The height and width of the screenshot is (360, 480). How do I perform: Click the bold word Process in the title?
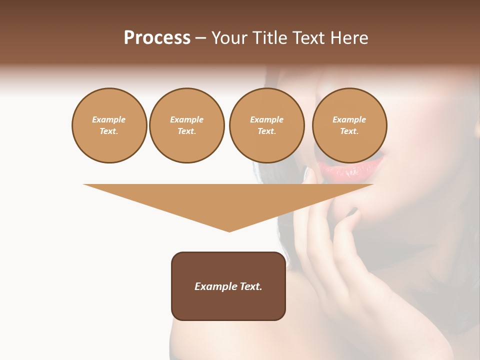pyautogui.click(x=157, y=38)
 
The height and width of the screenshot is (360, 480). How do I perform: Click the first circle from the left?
pyautogui.click(x=109, y=125)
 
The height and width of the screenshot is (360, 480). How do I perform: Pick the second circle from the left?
pyautogui.click(x=187, y=125)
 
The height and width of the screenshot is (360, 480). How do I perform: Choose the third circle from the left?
pyautogui.click(x=266, y=125)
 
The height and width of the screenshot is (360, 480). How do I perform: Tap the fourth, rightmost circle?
pyautogui.click(x=349, y=125)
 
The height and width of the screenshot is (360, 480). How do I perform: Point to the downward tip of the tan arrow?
pyautogui.click(x=229, y=230)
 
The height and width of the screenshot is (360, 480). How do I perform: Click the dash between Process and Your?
pyautogui.click(x=200, y=38)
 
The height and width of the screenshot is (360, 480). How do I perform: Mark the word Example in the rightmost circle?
pyautogui.click(x=349, y=119)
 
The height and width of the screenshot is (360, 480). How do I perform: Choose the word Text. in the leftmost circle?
pyautogui.click(x=109, y=131)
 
